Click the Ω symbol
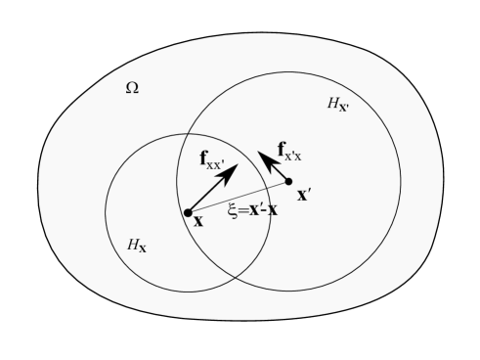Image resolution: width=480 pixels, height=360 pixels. (132, 88)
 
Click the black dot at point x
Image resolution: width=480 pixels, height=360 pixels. (188, 212)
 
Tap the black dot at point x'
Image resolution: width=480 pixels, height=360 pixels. (288, 181)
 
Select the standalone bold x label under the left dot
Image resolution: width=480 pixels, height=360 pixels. (197, 222)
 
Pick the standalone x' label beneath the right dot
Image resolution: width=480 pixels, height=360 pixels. (304, 195)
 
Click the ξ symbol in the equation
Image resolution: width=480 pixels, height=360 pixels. (233, 209)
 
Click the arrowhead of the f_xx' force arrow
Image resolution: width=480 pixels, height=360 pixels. (232, 170)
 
